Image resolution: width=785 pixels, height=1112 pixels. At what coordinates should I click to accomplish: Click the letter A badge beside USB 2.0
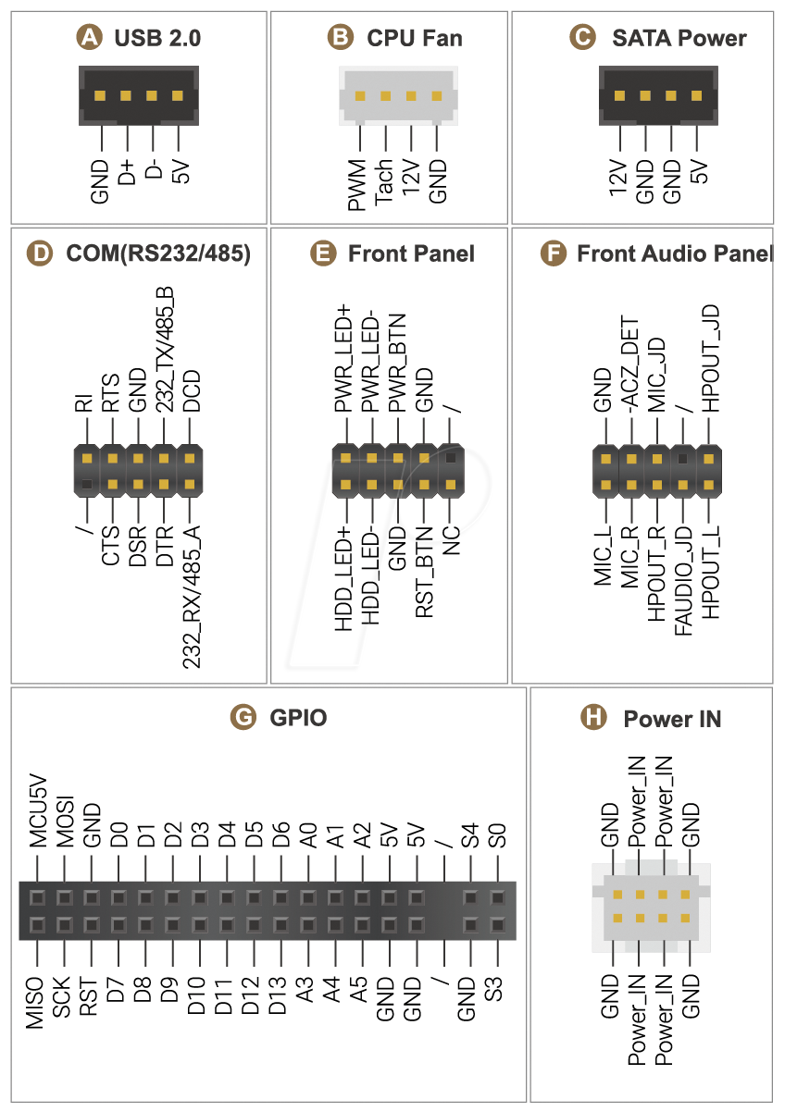(x=89, y=38)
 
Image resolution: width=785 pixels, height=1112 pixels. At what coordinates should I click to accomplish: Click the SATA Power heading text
(x=679, y=38)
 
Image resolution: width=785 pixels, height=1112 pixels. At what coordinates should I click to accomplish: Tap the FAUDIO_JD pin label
(x=683, y=581)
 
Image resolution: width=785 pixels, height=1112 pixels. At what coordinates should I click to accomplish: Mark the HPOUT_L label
(x=710, y=573)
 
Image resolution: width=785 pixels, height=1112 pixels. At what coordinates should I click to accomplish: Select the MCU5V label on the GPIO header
(x=38, y=811)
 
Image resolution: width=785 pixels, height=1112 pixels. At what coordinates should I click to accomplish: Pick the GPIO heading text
(x=298, y=717)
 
